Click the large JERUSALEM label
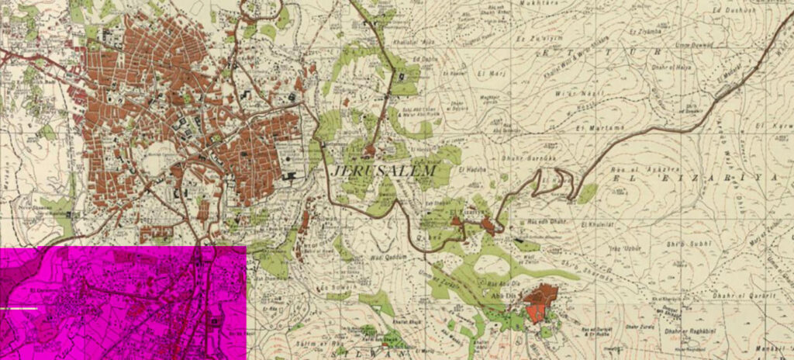point(383,170)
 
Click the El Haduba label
point(471,168)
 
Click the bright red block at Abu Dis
point(535,312)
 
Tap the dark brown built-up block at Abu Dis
point(543,294)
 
